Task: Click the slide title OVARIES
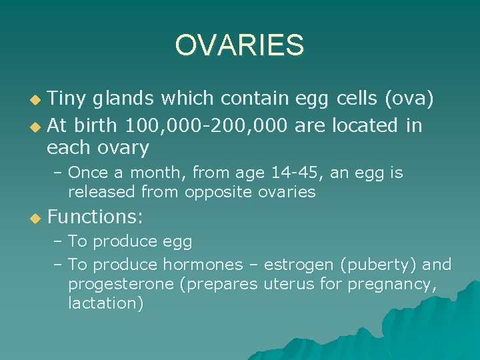[239, 46]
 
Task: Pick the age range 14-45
[295, 173]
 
